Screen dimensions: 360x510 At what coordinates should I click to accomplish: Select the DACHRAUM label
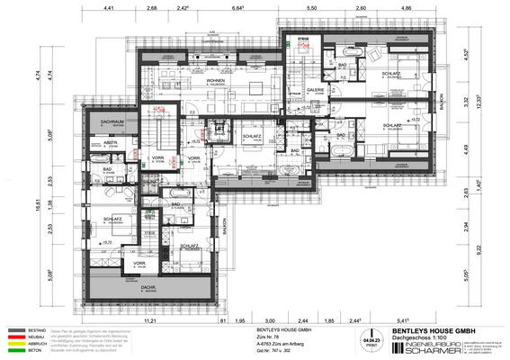tap(112, 122)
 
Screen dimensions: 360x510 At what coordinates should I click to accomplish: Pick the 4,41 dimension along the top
tap(108, 8)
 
